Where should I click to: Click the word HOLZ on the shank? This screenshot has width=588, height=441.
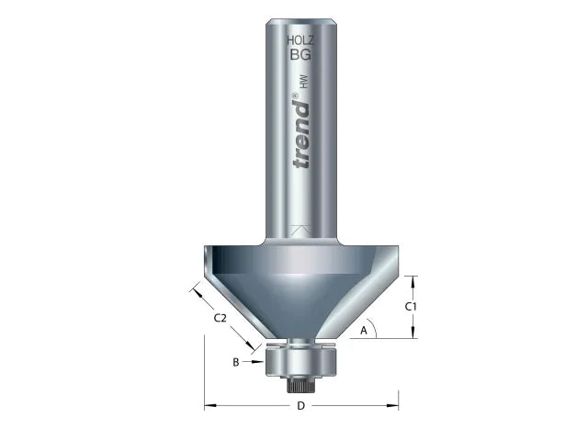point(301,40)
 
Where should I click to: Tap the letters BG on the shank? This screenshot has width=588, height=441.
point(301,55)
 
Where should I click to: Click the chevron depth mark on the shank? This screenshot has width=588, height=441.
point(301,228)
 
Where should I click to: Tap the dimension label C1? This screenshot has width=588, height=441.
point(413,306)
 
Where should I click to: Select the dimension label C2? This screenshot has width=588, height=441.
point(220,318)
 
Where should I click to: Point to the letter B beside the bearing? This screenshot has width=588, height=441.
point(236,362)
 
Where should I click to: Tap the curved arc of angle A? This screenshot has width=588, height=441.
point(376,327)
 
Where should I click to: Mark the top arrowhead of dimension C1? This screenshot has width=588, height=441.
point(413,278)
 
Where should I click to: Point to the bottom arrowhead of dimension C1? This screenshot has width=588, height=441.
point(413,334)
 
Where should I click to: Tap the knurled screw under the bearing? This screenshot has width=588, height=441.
point(301,381)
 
